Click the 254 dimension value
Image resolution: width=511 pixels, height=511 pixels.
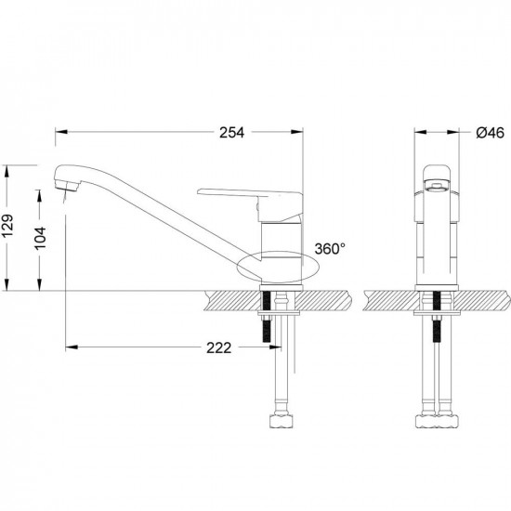coord(231,133)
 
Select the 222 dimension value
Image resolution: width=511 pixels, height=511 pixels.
coord(218,347)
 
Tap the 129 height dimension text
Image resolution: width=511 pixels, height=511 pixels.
coord(7,226)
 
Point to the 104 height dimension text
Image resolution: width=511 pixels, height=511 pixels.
coord(41,238)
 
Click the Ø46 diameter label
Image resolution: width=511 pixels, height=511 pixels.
coord(490,133)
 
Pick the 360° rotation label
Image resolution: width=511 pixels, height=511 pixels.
coord(330,249)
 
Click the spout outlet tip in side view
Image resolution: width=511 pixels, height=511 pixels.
coord(67,187)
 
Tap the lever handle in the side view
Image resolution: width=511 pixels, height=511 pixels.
coord(250,202)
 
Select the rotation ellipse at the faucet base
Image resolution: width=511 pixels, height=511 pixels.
coord(278,267)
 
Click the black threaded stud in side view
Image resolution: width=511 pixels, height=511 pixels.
coord(267,317)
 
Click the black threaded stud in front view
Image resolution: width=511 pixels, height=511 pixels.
coord(437,317)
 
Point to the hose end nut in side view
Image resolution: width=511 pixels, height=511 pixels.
coord(282,421)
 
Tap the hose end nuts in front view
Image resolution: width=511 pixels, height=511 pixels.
coord(437,421)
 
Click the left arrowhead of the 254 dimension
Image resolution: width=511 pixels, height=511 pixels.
coord(61,132)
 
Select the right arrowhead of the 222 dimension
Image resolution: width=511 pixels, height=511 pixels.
coord(275,347)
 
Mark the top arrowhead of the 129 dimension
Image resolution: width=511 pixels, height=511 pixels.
coord(7,172)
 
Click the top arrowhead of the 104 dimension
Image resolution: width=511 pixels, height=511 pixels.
coord(39,195)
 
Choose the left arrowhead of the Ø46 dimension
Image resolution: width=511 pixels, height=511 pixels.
coord(420,132)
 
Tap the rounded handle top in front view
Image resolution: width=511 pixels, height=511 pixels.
coord(437,172)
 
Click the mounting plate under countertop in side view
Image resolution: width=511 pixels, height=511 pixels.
coord(279,313)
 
